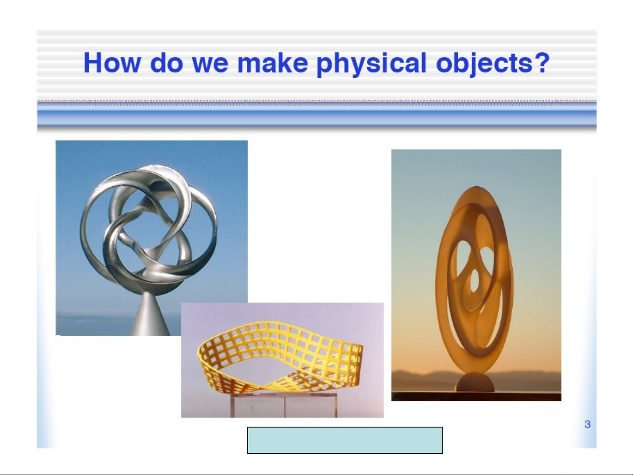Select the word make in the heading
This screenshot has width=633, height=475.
coord(273,63)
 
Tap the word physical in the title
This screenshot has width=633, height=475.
coord(372,64)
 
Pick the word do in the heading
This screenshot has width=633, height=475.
coord(166,63)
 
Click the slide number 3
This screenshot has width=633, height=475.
coord(587,424)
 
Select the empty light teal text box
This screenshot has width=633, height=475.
coord(345,440)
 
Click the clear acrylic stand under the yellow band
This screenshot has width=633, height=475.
coord(284,405)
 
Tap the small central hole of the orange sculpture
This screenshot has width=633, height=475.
coord(474,280)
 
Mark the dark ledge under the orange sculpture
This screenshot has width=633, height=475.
coord(476,396)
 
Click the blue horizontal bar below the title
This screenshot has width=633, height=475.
coord(317,118)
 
